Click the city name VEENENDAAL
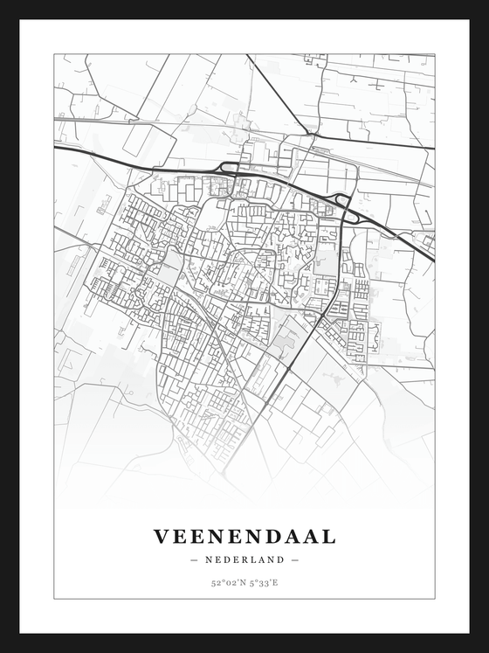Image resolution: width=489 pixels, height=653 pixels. (x=244, y=536)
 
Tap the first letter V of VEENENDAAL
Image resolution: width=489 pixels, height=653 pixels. (x=162, y=536)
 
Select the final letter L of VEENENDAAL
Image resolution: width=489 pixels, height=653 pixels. (x=328, y=536)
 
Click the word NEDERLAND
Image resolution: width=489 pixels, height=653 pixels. (x=244, y=559)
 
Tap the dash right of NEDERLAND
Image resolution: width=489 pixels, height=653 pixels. (x=295, y=559)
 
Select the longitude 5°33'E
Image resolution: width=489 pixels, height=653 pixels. (x=263, y=581)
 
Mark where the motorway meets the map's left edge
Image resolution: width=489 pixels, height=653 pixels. (x=55, y=148)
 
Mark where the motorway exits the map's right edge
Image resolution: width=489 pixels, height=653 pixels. (x=434, y=260)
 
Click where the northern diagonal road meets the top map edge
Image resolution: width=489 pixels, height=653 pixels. (x=247, y=55)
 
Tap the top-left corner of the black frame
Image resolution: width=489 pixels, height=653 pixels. (x=2, y=2)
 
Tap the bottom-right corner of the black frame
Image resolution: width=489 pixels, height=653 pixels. (x=486, y=650)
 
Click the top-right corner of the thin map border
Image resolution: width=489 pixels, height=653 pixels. (x=434, y=54)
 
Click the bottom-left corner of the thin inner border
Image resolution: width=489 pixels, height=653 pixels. (x=54, y=599)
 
